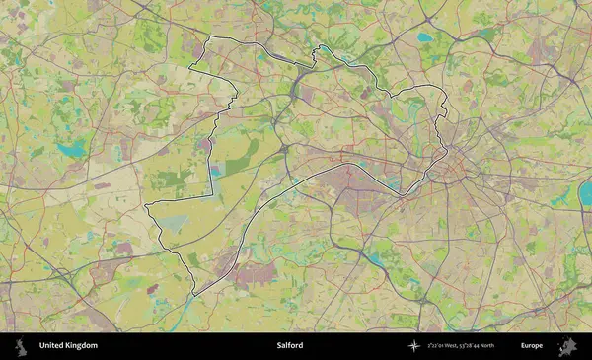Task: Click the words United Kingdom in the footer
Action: click(68, 346)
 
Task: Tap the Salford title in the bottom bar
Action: click(290, 346)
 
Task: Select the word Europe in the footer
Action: click(532, 346)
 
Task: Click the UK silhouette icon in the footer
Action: click(20, 346)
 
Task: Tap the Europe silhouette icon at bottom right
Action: click(567, 346)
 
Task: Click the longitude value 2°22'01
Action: click(436, 346)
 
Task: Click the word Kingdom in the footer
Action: click(82, 346)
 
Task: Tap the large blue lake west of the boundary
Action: click(71, 150)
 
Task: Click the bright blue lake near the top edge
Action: click(424, 37)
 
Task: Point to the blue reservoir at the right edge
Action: click(585, 193)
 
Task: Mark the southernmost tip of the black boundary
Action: click(193, 294)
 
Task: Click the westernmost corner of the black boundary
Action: click(145, 206)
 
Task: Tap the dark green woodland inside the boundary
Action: click(170, 180)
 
